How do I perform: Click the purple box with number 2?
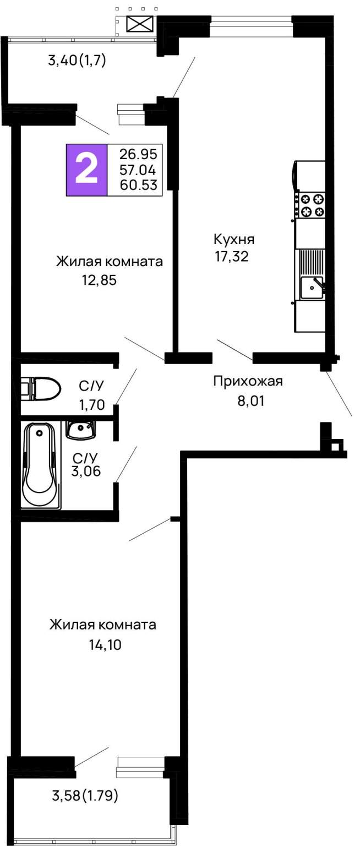tap(87, 170)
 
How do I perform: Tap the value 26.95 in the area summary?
tap(138, 154)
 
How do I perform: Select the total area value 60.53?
tap(138, 185)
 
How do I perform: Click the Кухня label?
tap(234, 240)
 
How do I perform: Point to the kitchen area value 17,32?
tap(232, 257)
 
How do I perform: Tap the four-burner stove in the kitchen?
tap(310, 205)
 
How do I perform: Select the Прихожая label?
tap(248, 381)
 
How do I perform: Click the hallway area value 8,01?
tap(251, 400)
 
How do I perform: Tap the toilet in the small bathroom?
tap(40, 388)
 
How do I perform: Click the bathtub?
tap(41, 465)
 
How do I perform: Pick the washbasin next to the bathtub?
tap(80, 430)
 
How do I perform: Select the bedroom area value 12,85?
tap(99, 280)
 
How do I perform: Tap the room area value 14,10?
tap(105, 645)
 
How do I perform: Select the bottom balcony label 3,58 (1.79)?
tap(85, 796)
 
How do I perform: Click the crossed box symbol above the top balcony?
tap(140, 24)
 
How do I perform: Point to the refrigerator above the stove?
tap(309, 175)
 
